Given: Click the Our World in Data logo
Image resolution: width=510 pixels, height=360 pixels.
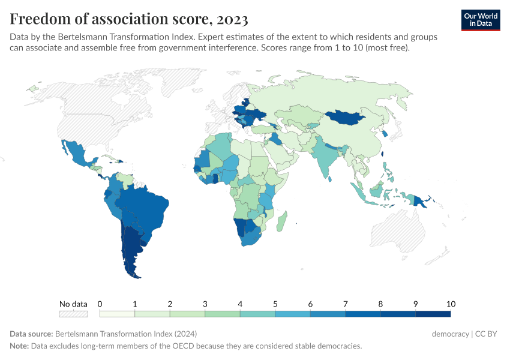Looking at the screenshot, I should point(481,19).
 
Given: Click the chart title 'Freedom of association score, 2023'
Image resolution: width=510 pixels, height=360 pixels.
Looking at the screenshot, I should point(129,19).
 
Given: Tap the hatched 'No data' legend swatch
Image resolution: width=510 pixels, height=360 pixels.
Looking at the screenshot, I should point(73,313).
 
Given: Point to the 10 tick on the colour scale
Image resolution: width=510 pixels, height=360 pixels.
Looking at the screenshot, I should point(451,304).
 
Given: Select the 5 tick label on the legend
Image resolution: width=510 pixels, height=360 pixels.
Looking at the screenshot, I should point(275,304).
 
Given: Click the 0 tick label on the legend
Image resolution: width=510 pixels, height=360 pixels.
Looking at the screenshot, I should point(100,304).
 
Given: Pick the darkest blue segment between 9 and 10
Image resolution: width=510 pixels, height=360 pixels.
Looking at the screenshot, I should point(433,313).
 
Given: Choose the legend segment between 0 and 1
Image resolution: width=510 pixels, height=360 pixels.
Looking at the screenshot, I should point(117,313).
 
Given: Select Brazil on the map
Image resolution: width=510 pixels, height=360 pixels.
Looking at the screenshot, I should point(147,207).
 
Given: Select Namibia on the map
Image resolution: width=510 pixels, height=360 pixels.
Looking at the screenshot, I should point(241,227).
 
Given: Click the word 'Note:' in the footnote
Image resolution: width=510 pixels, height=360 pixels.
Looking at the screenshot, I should point(20,346).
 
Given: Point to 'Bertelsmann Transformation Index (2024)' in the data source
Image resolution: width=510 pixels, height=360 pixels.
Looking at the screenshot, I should point(125,334).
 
